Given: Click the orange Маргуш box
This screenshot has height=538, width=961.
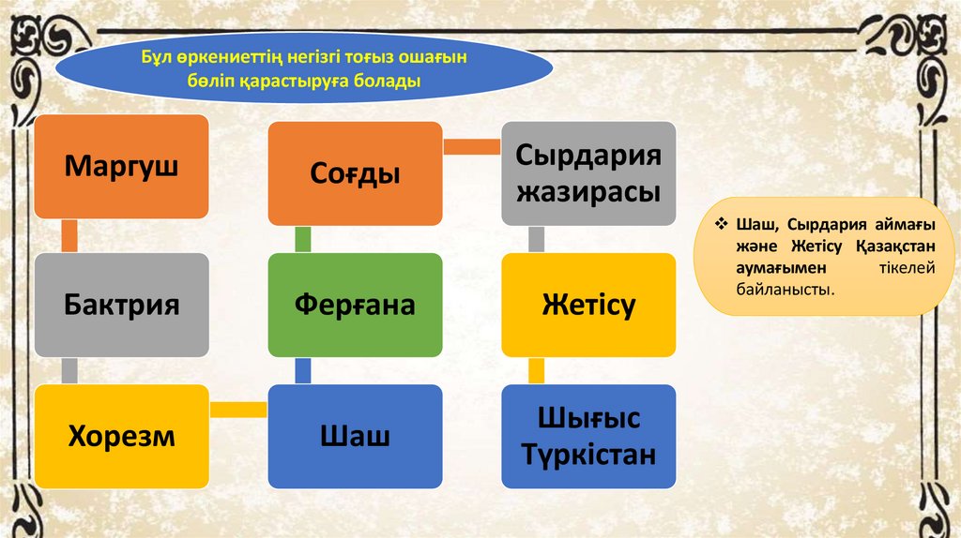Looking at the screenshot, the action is pyautogui.click(x=121, y=167).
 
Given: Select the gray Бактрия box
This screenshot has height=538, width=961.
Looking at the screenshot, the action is pyautogui.click(x=121, y=305).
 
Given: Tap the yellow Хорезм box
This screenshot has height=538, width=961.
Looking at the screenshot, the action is pyautogui.click(x=121, y=436).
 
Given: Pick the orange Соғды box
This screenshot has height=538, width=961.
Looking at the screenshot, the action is pyautogui.click(x=355, y=173).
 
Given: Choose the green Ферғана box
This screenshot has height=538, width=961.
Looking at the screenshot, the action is pyautogui.click(x=355, y=305).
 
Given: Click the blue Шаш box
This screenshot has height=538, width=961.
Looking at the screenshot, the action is pyautogui.click(x=355, y=436).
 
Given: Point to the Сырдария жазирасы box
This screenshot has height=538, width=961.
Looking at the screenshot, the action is pyautogui.click(x=588, y=173).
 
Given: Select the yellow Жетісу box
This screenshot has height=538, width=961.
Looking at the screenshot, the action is pyautogui.click(x=588, y=305).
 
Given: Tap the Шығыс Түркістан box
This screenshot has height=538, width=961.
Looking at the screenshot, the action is pyautogui.click(x=588, y=436).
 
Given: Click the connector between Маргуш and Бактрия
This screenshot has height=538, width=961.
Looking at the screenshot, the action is pyautogui.click(x=69, y=236).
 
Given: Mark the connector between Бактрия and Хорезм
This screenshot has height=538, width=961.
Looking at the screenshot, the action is pyautogui.click(x=69, y=370).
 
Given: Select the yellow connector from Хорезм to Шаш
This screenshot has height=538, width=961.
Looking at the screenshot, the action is pyautogui.click(x=237, y=409).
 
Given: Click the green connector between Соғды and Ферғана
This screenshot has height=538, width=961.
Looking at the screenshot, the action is pyautogui.click(x=302, y=239).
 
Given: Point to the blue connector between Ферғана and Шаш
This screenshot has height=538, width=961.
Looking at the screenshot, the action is pyautogui.click(x=302, y=370).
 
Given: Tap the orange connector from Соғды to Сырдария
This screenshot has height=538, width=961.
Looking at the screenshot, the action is pyautogui.click(x=471, y=146).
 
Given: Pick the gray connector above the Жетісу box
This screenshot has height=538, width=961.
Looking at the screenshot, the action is pyautogui.click(x=536, y=239).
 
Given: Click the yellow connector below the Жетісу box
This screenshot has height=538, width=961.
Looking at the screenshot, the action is pyautogui.click(x=536, y=370).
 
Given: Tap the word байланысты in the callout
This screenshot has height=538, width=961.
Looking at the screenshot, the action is pyautogui.click(x=785, y=291).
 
